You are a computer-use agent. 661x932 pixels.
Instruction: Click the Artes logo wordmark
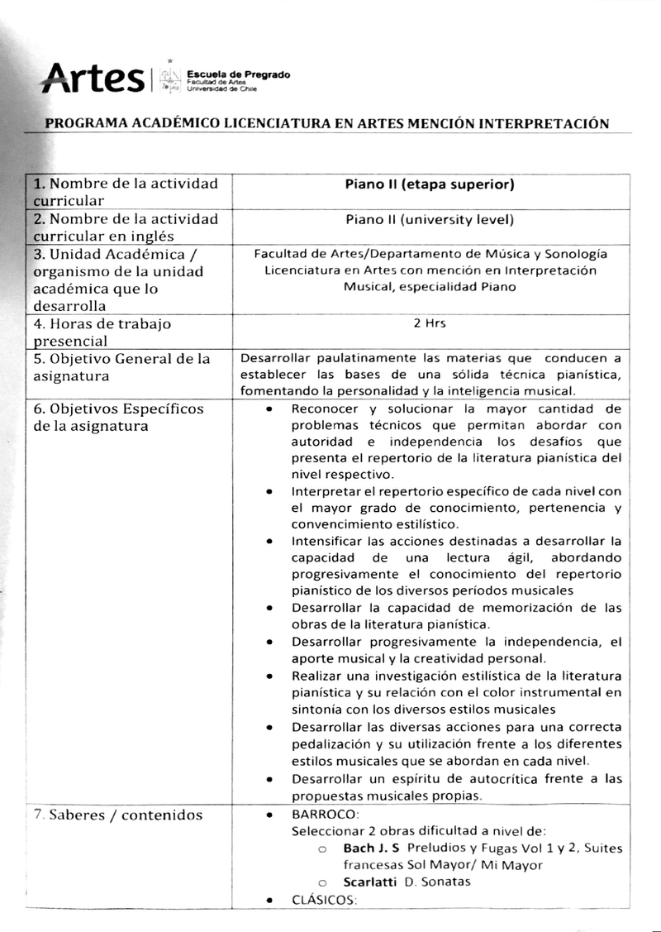click(x=92, y=79)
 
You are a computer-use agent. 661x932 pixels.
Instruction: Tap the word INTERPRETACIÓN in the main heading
click(x=539, y=124)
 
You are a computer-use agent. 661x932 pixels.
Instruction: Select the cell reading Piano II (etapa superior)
click(x=429, y=184)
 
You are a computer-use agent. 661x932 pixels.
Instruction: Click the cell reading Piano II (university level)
click(x=429, y=219)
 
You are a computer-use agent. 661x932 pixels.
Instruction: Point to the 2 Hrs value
click(x=429, y=323)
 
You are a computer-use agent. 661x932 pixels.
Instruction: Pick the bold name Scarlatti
click(x=372, y=882)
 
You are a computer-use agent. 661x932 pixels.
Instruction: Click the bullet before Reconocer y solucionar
click(x=270, y=409)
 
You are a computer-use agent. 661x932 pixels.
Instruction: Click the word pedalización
click(x=330, y=744)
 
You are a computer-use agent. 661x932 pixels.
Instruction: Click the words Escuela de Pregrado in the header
click(x=239, y=74)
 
